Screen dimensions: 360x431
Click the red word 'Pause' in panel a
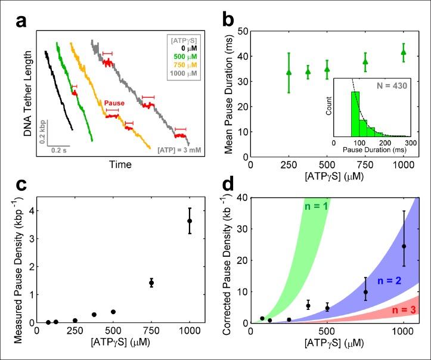tap(114, 103)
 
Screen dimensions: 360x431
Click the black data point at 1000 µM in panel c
tap(190, 221)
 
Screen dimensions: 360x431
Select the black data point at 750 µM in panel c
tap(151, 283)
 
